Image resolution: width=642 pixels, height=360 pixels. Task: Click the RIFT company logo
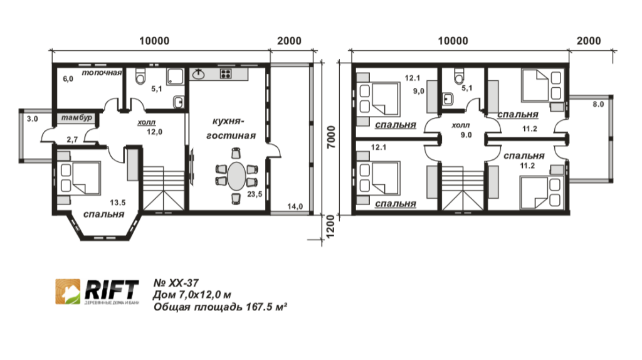point(97,292)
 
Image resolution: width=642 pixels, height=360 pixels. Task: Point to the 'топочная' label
point(101,73)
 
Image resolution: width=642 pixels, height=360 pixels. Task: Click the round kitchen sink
point(199,74)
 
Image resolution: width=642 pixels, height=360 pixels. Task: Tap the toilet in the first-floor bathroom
point(140,77)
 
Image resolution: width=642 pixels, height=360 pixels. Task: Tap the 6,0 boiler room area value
point(68,79)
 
